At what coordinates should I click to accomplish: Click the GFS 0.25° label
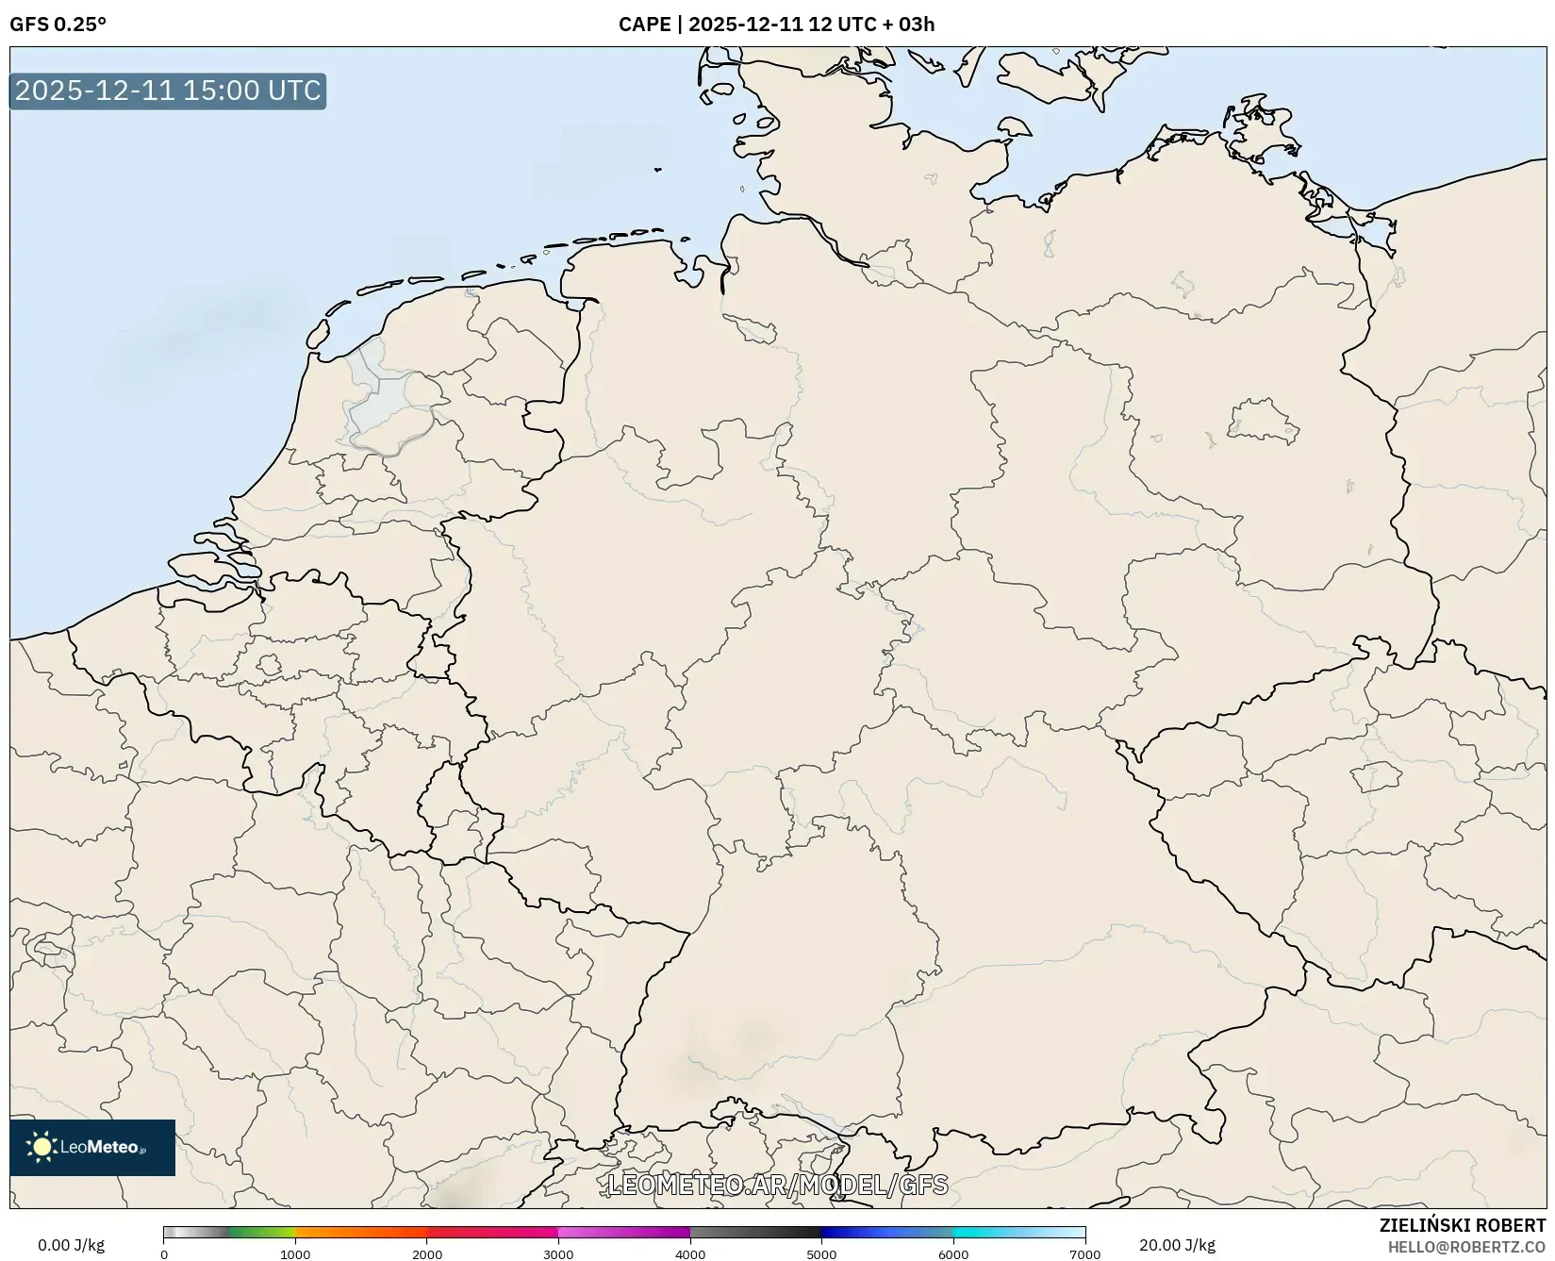point(58,25)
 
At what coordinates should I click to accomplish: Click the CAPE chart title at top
point(776,25)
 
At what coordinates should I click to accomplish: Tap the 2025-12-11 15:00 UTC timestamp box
point(168,91)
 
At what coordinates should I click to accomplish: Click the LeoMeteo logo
point(92,1147)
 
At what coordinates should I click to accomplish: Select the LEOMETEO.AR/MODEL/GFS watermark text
point(777,1185)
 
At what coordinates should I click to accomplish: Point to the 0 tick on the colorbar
point(164,1253)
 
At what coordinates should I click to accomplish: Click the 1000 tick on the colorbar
point(295,1253)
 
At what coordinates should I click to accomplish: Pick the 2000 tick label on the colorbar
point(427,1253)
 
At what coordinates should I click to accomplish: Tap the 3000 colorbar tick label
point(558,1253)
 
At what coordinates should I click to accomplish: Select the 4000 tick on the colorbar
point(690,1253)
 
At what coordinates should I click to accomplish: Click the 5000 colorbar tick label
point(821,1253)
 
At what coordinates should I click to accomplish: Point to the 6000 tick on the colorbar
point(953,1253)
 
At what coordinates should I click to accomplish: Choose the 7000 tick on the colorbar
point(1084,1253)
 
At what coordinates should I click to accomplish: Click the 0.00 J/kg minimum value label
point(71,1245)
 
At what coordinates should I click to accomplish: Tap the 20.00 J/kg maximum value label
point(1177,1245)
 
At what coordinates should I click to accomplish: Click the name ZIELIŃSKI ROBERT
point(1463,1226)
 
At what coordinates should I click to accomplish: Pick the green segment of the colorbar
point(259,1233)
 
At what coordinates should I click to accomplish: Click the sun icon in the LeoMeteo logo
point(41,1147)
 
